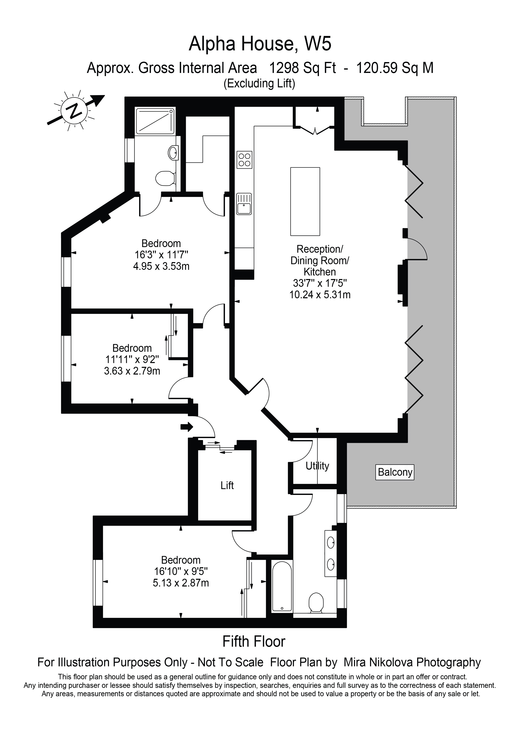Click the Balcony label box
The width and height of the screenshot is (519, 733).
click(x=395, y=472)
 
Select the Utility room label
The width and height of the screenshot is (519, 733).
click(x=317, y=466)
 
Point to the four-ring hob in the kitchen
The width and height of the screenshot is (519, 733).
click(x=244, y=160)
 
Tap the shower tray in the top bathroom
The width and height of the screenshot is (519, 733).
click(x=155, y=121)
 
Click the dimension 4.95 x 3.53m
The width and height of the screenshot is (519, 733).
click(x=161, y=266)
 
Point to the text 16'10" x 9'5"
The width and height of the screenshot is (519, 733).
click(x=181, y=571)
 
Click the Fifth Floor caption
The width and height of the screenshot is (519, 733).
click(x=254, y=642)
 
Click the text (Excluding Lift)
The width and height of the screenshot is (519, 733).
click(x=259, y=84)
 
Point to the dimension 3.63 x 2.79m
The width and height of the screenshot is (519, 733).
click(x=132, y=371)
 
